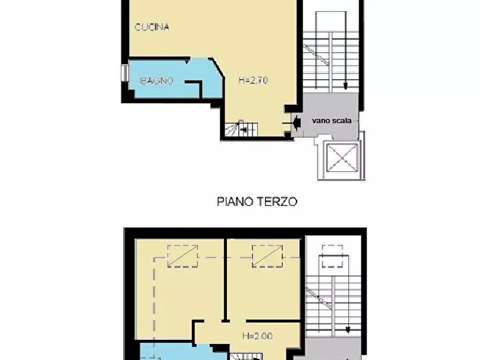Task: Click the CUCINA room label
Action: [152, 26]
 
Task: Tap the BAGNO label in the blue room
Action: [156, 81]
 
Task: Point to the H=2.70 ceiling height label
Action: [253, 81]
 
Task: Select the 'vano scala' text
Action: [332, 120]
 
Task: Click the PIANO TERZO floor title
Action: [257, 201]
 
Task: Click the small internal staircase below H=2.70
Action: [241, 129]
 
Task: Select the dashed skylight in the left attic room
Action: [182, 256]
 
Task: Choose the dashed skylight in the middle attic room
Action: [267, 256]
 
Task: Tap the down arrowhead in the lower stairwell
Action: [348, 330]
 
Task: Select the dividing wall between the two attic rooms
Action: [225, 279]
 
